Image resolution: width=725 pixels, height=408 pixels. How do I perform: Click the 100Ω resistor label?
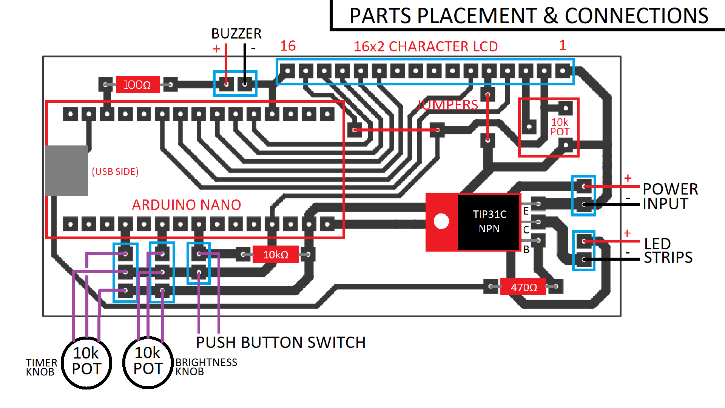click(137, 85)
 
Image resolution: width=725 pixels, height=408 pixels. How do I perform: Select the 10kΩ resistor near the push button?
click(276, 255)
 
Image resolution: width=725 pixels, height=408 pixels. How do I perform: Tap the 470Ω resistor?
click(523, 287)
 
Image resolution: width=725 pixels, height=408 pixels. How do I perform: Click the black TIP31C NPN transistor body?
click(489, 222)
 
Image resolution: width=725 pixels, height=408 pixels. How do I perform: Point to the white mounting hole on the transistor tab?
click(441, 221)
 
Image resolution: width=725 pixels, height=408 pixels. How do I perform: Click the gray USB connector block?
click(67, 171)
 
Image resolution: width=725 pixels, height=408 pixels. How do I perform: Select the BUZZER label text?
click(236, 34)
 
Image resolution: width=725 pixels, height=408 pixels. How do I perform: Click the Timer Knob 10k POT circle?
click(86, 363)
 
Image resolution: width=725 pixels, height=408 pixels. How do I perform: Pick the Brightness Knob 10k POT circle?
click(148, 363)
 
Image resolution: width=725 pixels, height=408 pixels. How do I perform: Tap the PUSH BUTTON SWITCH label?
click(281, 343)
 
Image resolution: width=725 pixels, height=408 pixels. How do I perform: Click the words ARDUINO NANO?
click(187, 205)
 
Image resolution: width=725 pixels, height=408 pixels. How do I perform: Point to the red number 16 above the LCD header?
click(288, 46)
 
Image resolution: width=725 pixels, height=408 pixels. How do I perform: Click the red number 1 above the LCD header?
click(562, 45)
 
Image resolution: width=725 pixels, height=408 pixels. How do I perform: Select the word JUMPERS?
click(447, 105)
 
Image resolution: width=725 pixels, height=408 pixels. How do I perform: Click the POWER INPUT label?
click(670, 196)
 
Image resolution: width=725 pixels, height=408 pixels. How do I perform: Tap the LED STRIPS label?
click(668, 251)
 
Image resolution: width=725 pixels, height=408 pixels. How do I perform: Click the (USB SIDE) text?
click(115, 172)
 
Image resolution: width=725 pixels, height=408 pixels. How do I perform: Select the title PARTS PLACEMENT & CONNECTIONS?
click(529, 16)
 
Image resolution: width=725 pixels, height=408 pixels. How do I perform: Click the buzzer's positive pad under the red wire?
click(226, 84)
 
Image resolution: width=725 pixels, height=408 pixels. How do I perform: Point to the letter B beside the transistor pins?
click(526, 249)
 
